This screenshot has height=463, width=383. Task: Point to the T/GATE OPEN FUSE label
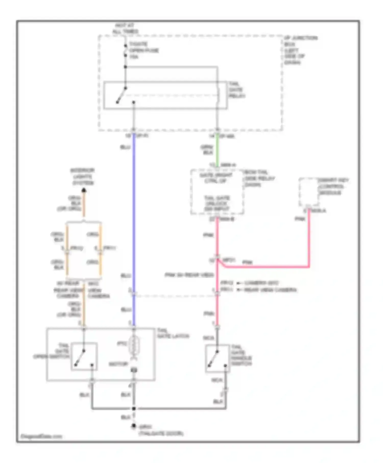pos(144,50)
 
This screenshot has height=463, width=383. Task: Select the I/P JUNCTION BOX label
pos(301,50)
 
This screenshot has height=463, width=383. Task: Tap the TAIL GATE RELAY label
pos(237,90)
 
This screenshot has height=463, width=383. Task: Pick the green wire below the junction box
pos(217,151)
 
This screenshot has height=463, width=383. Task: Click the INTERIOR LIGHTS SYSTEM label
pos(82,177)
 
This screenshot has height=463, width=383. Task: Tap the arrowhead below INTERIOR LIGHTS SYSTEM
pos(84,190)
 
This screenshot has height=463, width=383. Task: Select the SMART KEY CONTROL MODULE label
pos(333,186)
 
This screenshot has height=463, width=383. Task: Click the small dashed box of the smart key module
pos(309,192)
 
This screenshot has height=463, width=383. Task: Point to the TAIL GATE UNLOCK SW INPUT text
pos(217,203)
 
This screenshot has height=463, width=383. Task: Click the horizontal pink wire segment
pos(266,267)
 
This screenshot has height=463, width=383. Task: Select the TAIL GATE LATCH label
pos(173,333)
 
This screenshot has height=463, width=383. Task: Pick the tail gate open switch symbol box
pos(84,356)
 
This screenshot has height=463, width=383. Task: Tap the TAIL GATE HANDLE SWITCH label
pos(241,356)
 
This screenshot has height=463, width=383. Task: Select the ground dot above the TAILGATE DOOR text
pos(134,426)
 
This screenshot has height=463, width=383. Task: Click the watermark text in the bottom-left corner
pos(41,436)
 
